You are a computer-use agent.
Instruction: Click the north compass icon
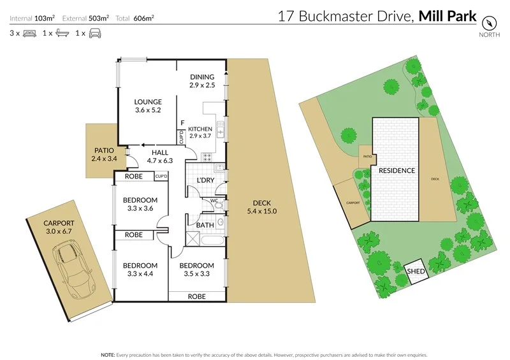point(489,22)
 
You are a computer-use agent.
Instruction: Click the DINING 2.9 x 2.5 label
point(203,80)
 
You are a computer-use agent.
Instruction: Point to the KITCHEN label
point(200,132)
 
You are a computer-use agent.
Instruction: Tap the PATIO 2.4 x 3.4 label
point(102,155)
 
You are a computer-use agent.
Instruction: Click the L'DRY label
point(205,181)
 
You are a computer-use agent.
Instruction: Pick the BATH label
point(205,225)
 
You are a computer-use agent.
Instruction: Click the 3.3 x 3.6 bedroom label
point(140,204)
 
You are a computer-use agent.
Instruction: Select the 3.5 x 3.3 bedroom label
point(196,270)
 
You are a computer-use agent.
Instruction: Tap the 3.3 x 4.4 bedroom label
point(140,270)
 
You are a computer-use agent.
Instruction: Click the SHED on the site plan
point(416,271)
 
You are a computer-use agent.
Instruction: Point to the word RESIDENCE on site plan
point(397,171)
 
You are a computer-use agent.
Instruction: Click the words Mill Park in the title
point(447,16)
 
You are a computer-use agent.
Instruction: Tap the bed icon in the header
point(29,32)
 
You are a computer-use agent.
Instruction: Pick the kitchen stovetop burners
point(208,157)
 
